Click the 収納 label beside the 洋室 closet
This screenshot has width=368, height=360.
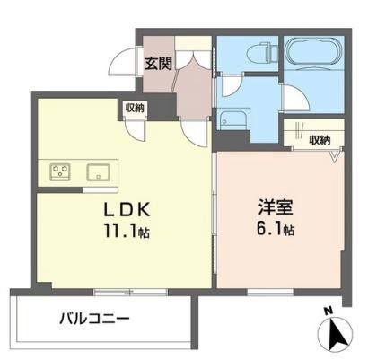(319, 139)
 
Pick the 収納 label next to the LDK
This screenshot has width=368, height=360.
(135, 109)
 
